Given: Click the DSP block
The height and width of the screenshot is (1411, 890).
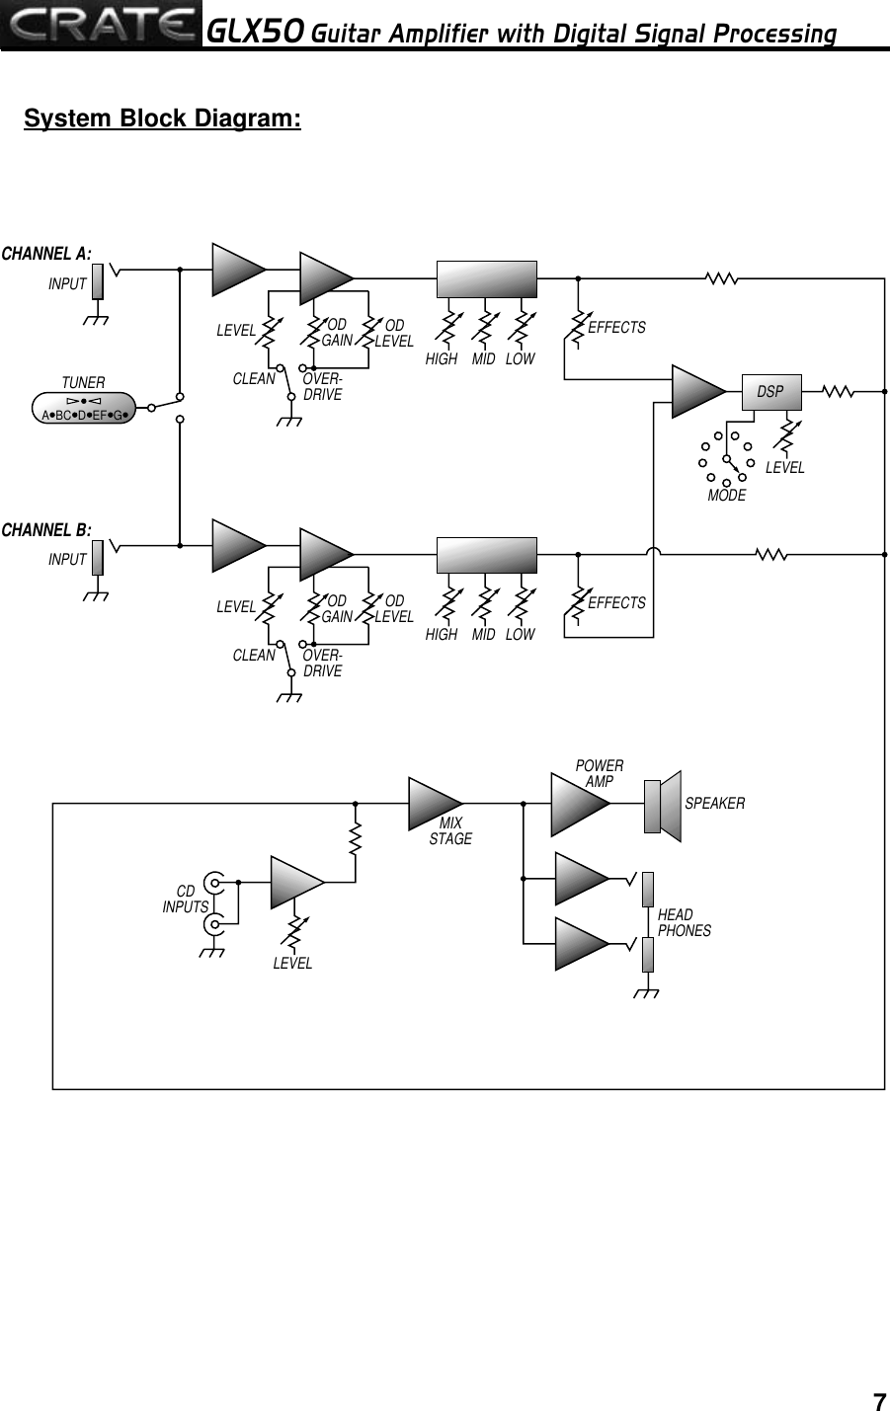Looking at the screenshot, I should click(x=770, y=392).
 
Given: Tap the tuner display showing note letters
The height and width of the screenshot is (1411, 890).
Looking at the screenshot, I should click(x=83, y=408).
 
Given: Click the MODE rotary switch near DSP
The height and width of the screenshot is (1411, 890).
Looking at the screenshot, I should click(x=728, y=456).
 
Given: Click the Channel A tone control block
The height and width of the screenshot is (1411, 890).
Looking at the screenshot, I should click(x=487, y=279).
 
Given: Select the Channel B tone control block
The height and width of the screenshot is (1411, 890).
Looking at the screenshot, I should click(x=487, y=555).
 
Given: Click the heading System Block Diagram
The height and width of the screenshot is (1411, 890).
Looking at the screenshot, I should click(x=162, y=119).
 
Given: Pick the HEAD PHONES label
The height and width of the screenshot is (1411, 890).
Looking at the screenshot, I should click(x=684, y=922).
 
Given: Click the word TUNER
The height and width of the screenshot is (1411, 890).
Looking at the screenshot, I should click(x=83, y=382).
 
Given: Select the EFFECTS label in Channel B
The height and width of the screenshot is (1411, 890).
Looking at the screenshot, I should click(x=616, y=602).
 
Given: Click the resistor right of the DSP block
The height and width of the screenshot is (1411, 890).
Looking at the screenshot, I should click(x=838, y=392).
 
